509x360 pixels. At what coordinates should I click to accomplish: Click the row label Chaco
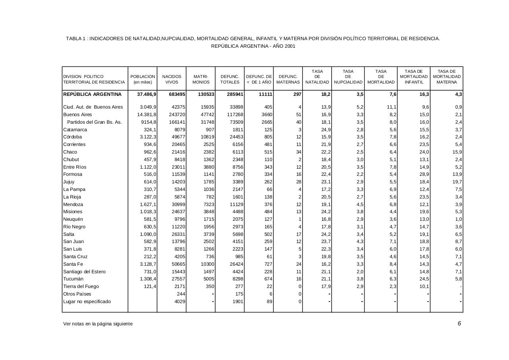tap(70, 152)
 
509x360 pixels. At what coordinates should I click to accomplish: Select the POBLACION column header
tap(143, 79)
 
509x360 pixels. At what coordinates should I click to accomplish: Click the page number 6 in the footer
tap(459, 323)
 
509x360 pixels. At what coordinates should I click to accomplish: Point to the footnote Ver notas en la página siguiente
tap(98, 324)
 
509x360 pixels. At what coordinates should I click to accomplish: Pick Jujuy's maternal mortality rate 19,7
tap(457, 182)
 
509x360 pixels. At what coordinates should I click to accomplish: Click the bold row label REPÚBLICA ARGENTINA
tap(92, 94)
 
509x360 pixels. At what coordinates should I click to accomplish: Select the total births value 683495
tap(175, 95)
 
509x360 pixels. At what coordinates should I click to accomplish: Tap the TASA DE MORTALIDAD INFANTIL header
tap(414, 77)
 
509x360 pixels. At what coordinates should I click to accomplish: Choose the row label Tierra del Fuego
tap(81, 286)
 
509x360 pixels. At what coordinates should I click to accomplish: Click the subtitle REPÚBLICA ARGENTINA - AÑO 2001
tap(253, 46)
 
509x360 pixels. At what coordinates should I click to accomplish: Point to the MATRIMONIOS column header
tap(201, 79)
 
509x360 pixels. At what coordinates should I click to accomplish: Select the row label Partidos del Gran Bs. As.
tap(94, 122)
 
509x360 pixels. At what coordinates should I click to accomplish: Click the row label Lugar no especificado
tap(87, 302)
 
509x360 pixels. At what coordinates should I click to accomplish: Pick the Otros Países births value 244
tap(181, 294)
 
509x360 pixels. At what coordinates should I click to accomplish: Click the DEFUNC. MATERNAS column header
tap(288, 79)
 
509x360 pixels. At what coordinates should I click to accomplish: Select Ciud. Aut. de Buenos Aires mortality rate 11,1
tap(390, 107)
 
